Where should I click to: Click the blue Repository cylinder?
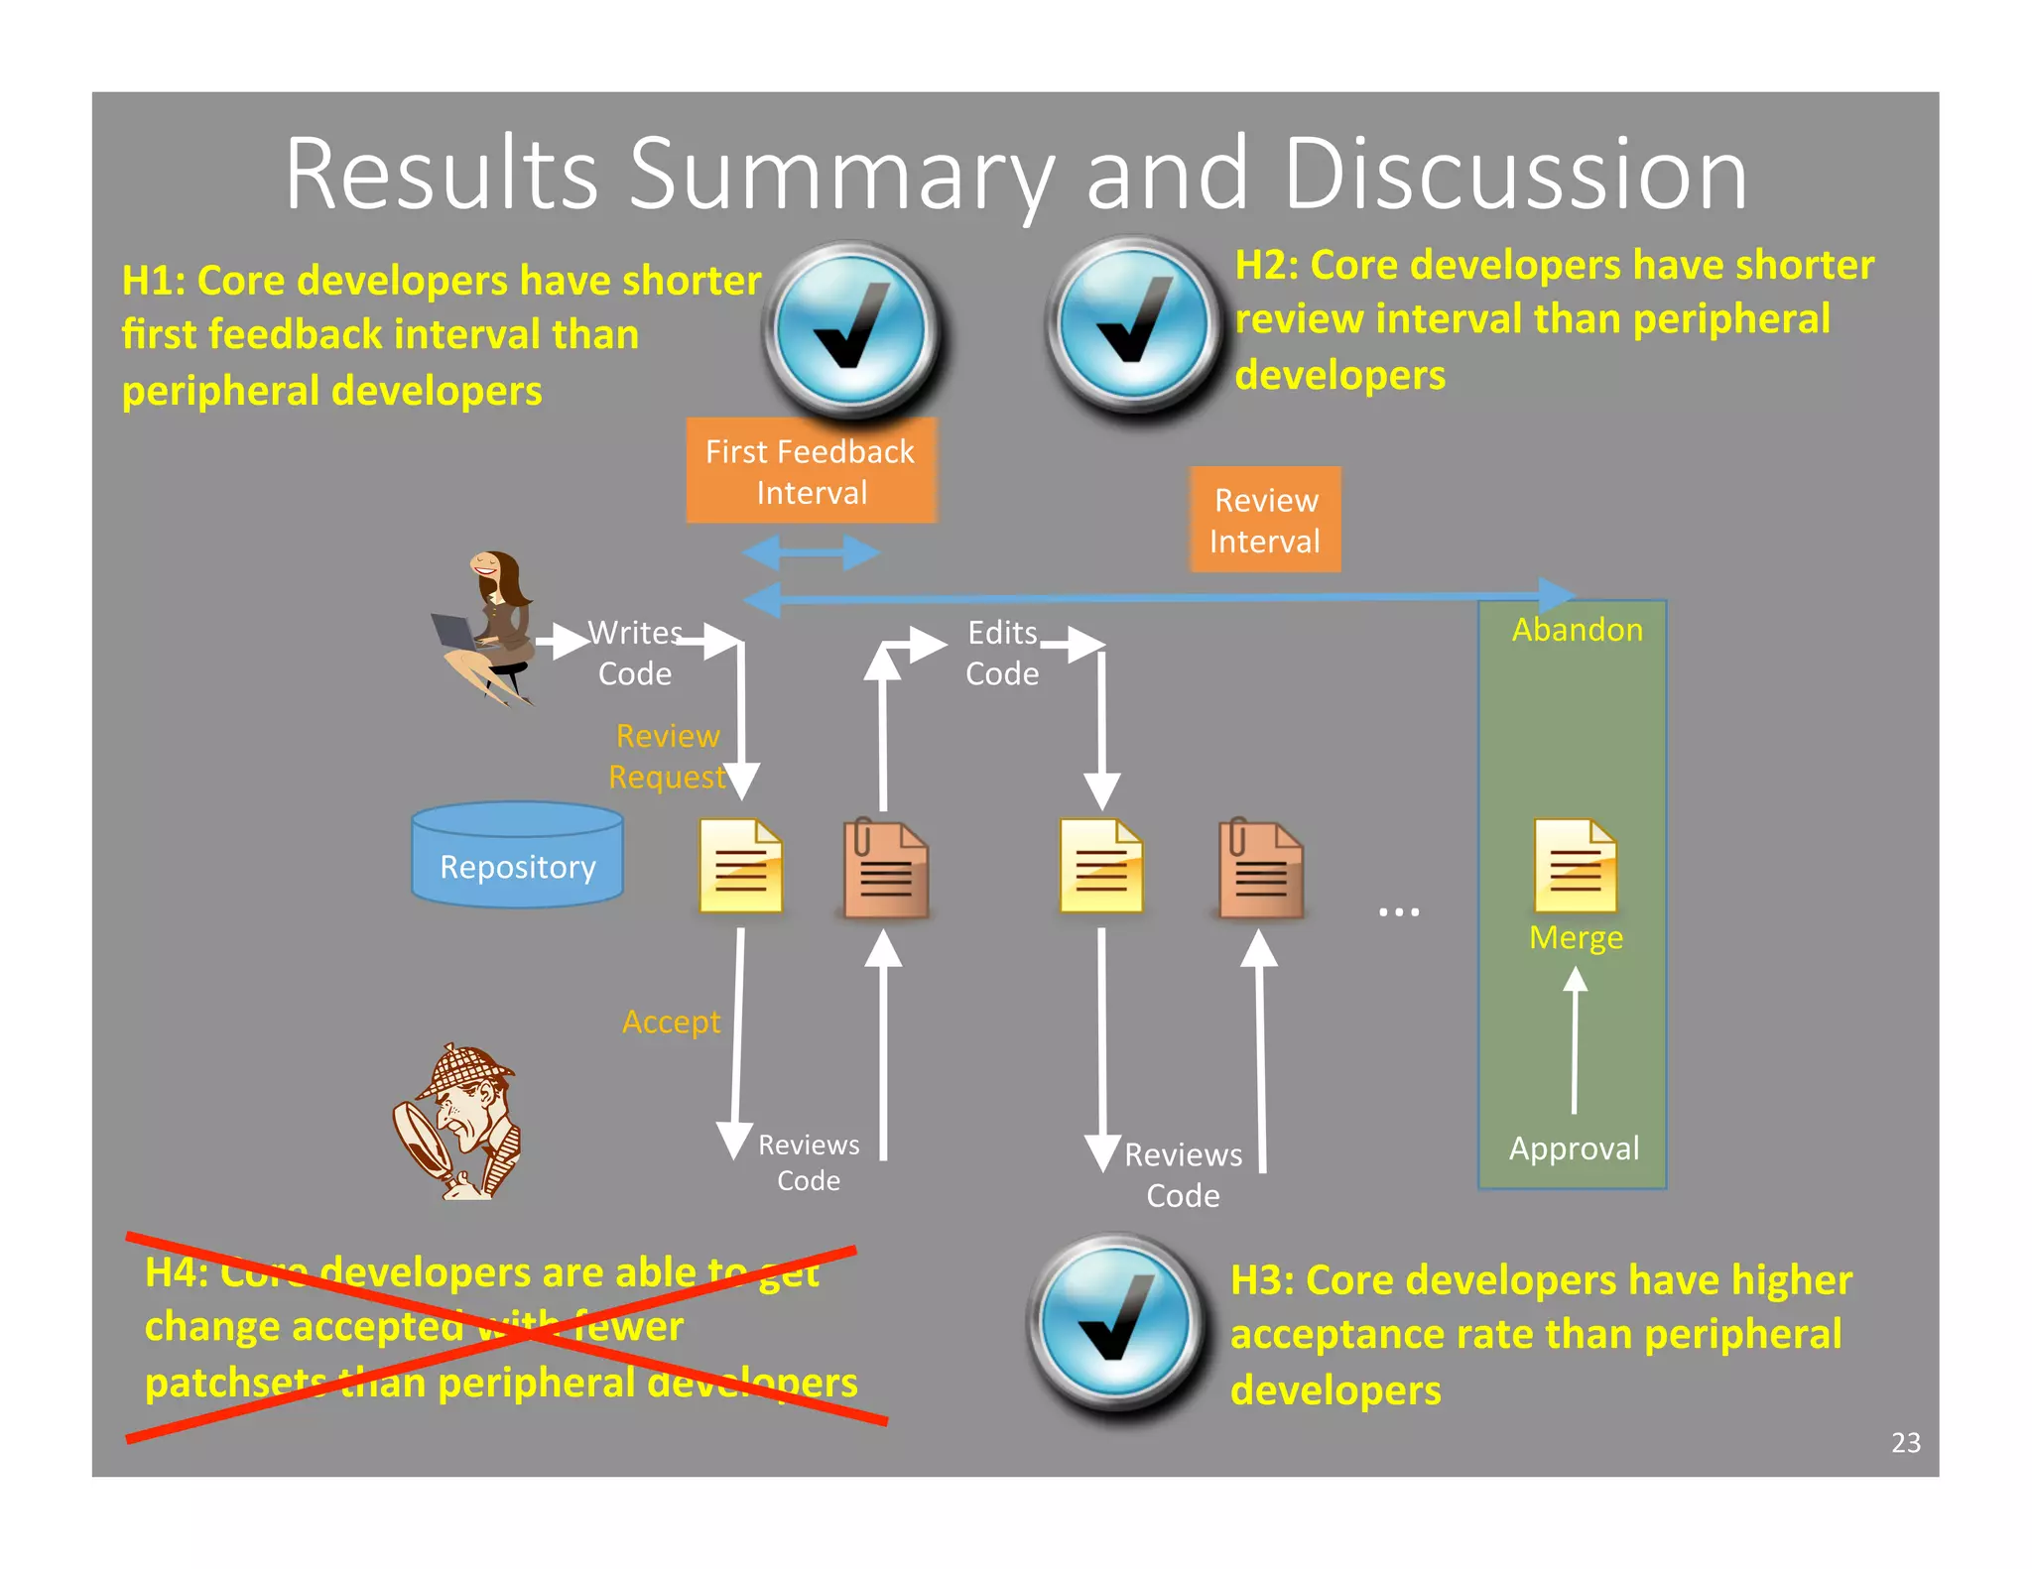click(x=517, y=856)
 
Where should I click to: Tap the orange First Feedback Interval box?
click(x=811, y=471)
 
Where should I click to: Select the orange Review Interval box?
click(x=1265, y=520)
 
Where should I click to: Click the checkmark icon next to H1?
click(x=852, y=328)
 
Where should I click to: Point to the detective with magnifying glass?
click(x=459, y=1122)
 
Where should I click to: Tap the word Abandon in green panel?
click(x=1577, y=630)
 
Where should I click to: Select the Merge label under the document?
click(x=1576, y=937)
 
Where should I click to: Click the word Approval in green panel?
click(x=1574, y=1148)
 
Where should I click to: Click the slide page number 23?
click(x=1905, y=1442)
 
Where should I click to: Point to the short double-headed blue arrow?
click(x=811, y=552)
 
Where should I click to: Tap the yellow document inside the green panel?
click(x=1575, y=865)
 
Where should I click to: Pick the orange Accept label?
click(x=671, y=1022)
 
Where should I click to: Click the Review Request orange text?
click(x=668, y=756)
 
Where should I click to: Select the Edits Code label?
click(x=1002, y=653)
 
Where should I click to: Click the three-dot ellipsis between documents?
click(x=1399, y=910)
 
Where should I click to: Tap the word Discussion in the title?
click(x=1514, y=176)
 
